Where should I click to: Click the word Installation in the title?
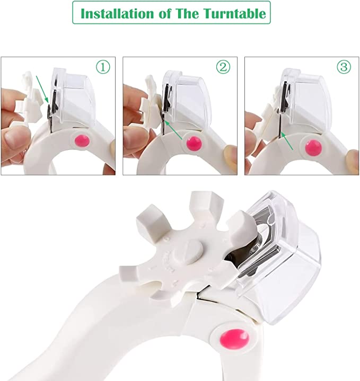click(115, 13)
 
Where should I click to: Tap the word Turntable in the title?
click(233, 13)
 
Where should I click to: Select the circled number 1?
click(103, 67)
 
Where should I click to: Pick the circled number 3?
click(344, 67)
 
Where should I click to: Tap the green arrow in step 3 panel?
click(288, 141)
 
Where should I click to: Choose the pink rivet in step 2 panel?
click(194, 143)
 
